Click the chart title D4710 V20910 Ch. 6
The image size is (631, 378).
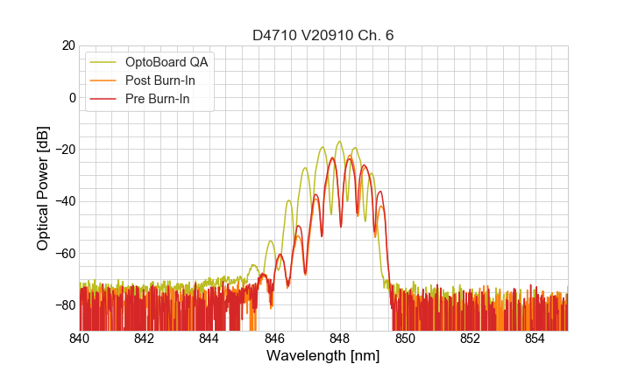tap(323, 36)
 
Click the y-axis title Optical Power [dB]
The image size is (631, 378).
tap(43, 188)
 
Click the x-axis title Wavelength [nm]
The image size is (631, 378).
tap(323, 356)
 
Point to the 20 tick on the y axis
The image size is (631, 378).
tap(64, 45)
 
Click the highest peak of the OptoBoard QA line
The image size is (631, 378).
tap(339, 142)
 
